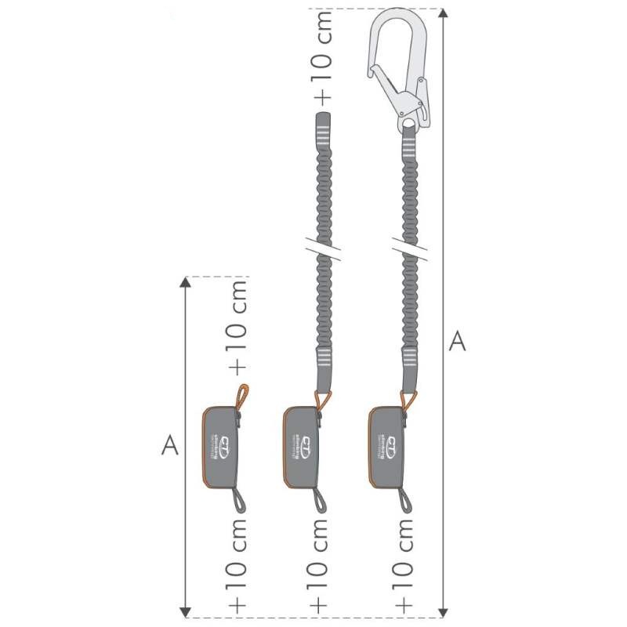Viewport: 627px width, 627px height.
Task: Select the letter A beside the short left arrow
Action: (170, 445)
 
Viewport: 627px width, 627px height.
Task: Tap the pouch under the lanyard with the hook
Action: (386, 448)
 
